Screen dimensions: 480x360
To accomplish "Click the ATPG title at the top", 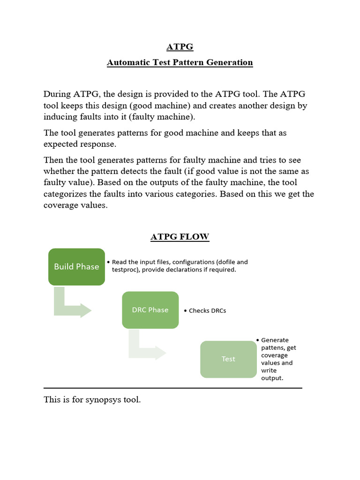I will tap(180, 47).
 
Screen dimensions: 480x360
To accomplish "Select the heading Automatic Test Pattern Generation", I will tap(180, 62).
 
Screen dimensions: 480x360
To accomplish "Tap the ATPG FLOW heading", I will tap(180, 237).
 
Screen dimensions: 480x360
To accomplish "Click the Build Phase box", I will tap(76, 267).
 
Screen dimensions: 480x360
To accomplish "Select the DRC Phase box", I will tap(150, 310).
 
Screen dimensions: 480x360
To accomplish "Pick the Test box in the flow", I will tap(228, 359).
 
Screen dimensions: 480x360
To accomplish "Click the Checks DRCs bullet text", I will tap(207, 311).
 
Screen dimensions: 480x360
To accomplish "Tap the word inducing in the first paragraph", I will tap(59, 117).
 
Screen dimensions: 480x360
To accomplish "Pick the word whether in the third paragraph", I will tap(59, 172).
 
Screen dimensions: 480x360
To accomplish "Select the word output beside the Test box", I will tap(271, 378).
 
